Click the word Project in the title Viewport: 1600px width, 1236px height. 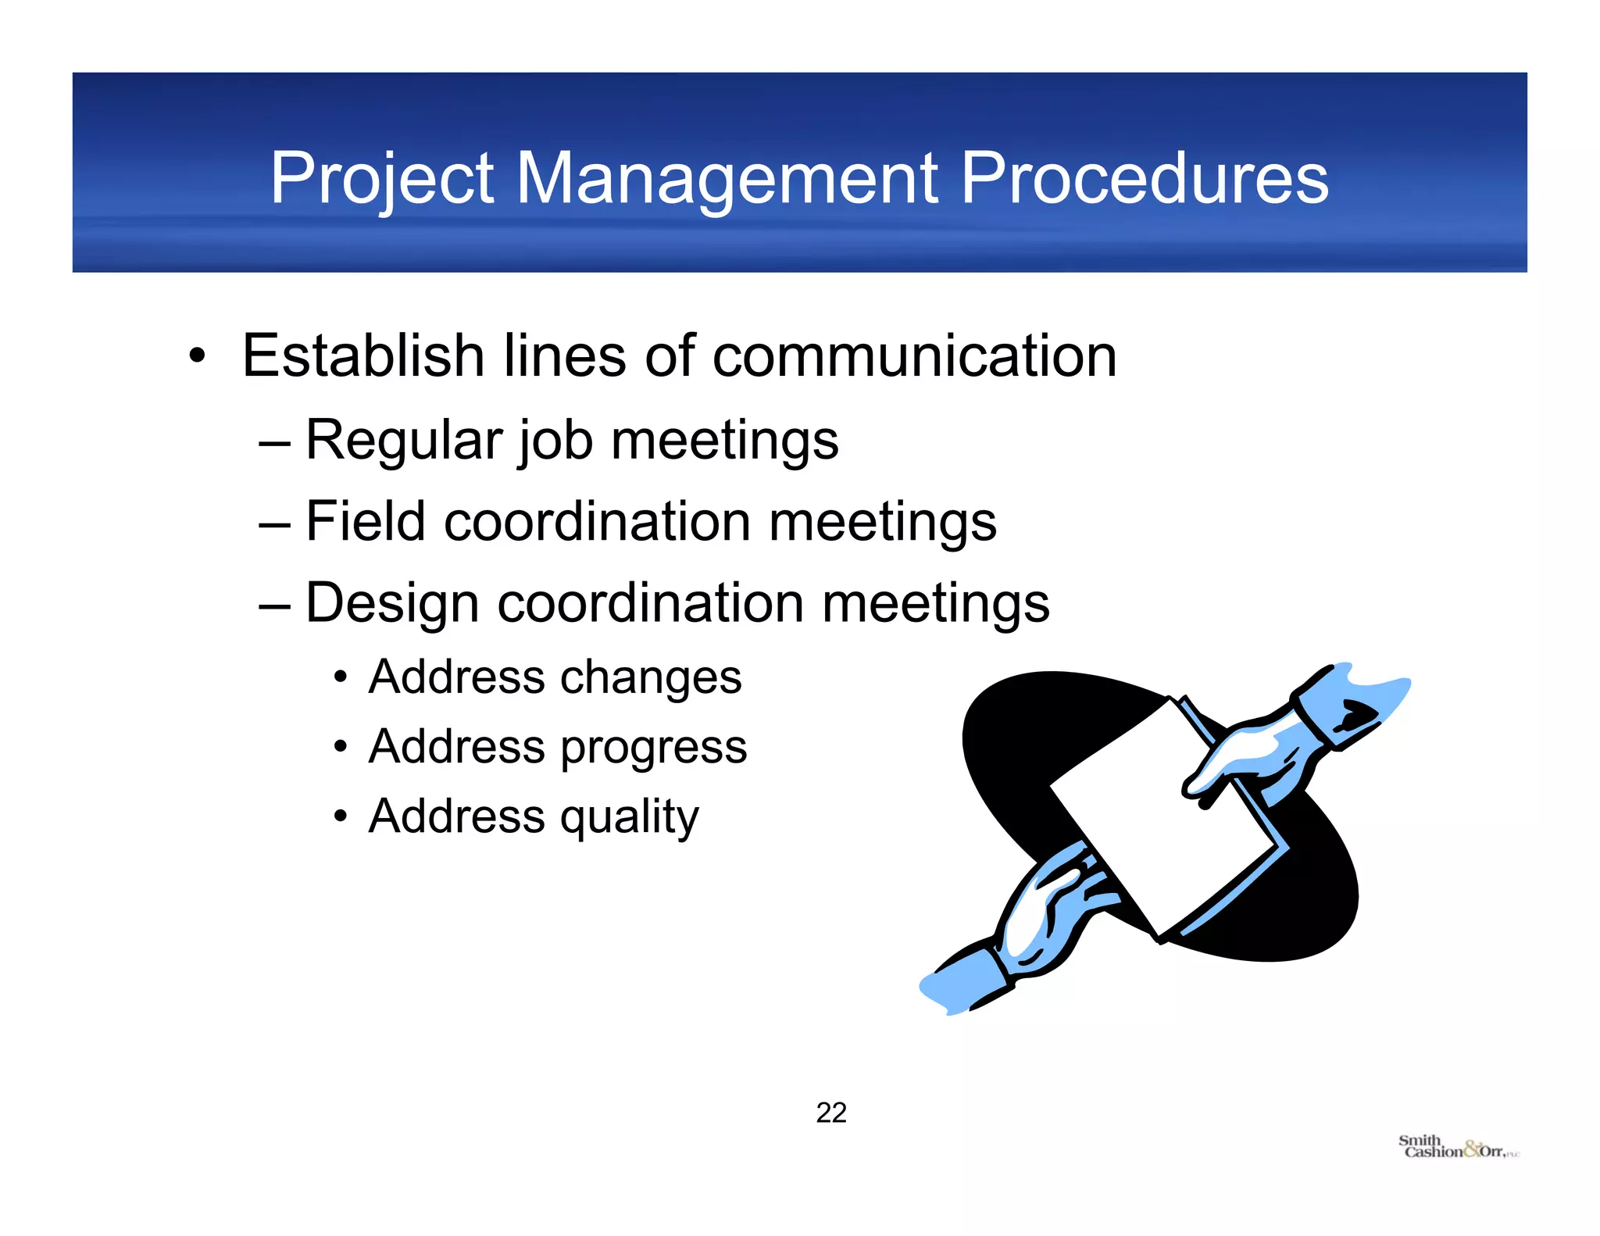coord(381,179)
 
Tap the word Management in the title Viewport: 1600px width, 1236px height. coord(727,179)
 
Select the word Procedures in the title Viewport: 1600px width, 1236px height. coord(1144,179)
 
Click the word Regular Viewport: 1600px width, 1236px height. coord(402,440)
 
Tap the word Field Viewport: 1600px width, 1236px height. coord(365,521)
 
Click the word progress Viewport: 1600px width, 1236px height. coord(654,748)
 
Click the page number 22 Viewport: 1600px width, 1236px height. coord(831,1113)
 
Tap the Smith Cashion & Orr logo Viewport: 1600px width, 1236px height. coord(1458,1148)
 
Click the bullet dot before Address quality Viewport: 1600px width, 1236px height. coord(340,817)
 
